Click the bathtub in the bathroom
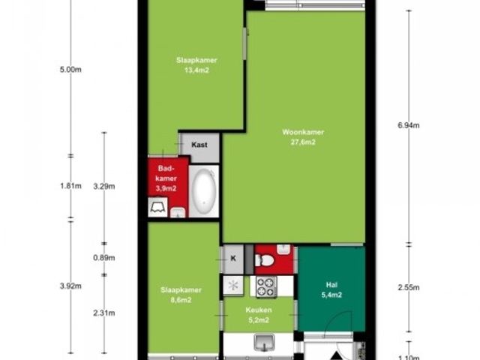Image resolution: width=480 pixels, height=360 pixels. [x=203, y=191]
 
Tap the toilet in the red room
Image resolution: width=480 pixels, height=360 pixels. [x=265, y=260]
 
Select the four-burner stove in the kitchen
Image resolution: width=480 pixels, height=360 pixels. [x=266, y=286]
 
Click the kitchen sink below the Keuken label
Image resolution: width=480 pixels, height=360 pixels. [x=264, y=342]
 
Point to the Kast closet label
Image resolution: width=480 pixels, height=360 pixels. [x=199, y=145]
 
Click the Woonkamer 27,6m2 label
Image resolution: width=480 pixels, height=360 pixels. [x=303, y=137]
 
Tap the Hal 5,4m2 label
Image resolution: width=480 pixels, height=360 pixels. [x=331, y=290]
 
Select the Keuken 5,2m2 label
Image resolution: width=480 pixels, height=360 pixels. [x=259, y=315]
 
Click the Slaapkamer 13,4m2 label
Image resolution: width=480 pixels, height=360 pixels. [x=196, y=65]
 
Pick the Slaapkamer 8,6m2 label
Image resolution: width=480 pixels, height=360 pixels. [x=181, y=295]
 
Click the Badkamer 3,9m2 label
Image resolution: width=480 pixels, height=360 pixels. [x=166, y=178]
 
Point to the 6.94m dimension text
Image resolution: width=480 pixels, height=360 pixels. [x=409, y=125]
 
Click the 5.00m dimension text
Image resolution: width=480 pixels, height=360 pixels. [x=70, y=70]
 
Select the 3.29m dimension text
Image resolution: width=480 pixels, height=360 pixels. [x=104, y=187]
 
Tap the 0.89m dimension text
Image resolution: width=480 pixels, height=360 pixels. [x=104, y=258]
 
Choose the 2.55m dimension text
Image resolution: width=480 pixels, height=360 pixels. [x=409, y=287]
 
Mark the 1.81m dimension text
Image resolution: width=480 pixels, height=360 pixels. [x=70, y=186]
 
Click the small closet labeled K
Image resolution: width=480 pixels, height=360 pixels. [x=233, y=259]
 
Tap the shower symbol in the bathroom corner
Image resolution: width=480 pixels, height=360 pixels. [x=158, y=207]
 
